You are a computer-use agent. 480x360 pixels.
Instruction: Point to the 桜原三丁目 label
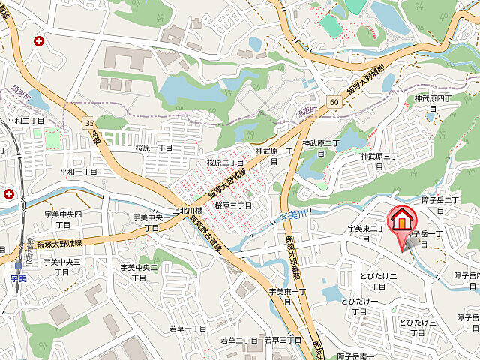tap(232, 205)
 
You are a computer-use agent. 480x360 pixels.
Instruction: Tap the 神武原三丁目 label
tap(379, 156)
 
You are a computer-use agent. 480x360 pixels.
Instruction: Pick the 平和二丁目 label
tap(25, 120)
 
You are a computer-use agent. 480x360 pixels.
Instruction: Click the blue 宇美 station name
tap(19, 277)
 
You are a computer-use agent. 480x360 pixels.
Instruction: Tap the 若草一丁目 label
tap(187, 328)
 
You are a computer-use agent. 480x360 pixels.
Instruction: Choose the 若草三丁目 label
tap(283, 340)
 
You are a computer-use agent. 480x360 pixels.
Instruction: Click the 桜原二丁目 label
tap(226, 162)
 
